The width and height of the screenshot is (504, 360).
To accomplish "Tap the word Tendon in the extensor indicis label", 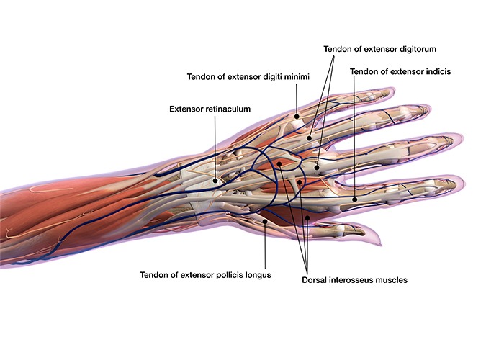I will tap(364, 71).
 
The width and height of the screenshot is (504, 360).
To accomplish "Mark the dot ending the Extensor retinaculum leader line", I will tap(214, 180).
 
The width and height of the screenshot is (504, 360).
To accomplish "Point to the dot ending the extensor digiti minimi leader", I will tap(297, 114).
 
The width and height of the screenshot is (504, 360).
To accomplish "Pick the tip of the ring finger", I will tap(429, 109).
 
